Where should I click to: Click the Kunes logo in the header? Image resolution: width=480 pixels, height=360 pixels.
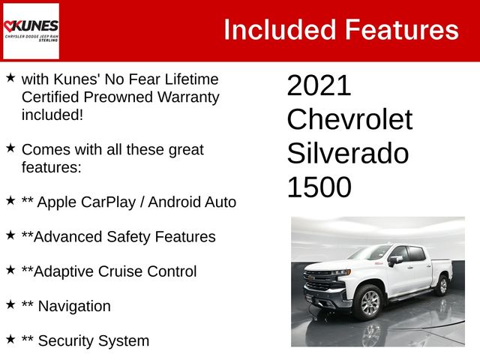(31, 31)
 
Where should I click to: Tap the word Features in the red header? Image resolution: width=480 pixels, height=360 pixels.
(401, 30)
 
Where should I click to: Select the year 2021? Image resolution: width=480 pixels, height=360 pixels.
(319, 85)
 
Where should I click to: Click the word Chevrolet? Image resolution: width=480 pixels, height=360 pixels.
(349, 119)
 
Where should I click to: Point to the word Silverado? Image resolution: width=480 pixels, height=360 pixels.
(348, 153)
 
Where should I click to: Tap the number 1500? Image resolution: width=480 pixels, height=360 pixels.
(319, 187)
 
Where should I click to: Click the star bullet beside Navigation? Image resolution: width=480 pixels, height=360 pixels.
(10, 304)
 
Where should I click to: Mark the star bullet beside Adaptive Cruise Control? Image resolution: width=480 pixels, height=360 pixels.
(10, 270)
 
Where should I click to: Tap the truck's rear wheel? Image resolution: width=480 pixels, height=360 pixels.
(442, 285)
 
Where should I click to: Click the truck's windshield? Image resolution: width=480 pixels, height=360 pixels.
(370, 253)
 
